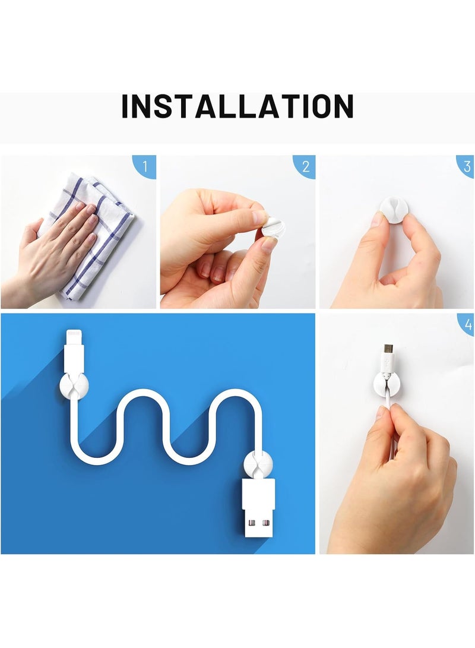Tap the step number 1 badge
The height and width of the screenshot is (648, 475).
(145, 165)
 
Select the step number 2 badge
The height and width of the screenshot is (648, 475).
(305, 166)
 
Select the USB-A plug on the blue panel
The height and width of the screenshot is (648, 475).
(258, 508)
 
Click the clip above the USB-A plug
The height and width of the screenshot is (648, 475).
(258, 464)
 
